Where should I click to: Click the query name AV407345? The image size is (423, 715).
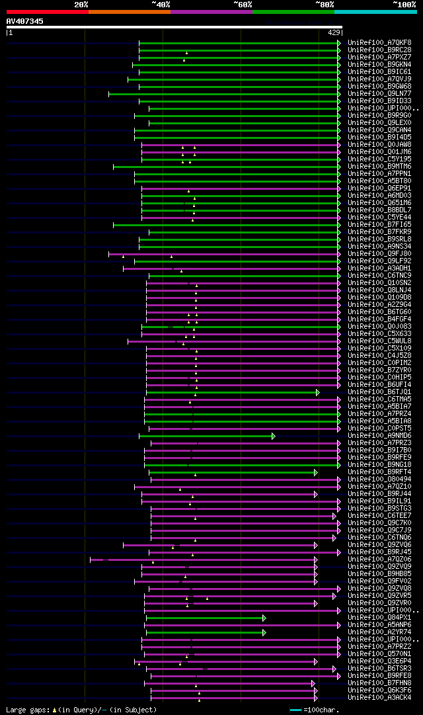[25, 21]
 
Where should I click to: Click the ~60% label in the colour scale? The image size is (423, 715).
[243, 4]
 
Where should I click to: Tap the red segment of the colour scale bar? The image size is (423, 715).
[47, 11]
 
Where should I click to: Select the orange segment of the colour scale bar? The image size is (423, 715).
[129, 11]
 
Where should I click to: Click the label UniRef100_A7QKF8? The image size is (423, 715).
[379, 43]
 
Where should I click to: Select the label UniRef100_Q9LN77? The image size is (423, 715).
[379, 94]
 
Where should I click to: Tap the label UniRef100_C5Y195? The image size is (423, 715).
[379, 159]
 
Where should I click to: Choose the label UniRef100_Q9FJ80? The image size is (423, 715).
[379, 254]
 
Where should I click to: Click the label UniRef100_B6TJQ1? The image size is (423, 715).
[379, 392]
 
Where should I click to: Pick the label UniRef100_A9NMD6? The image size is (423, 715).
[379, 436]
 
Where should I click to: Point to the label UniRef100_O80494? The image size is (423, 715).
[379, 480]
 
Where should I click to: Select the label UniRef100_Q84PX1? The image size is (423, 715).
[379, 618]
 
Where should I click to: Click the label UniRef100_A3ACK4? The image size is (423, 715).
[379, 698]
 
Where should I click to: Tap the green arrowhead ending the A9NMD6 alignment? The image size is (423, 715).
[273, 436]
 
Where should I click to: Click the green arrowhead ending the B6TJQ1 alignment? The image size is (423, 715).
[317, 392]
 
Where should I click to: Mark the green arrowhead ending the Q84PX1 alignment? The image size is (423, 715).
[264, 618]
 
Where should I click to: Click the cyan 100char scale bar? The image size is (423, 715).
[295, 710]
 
